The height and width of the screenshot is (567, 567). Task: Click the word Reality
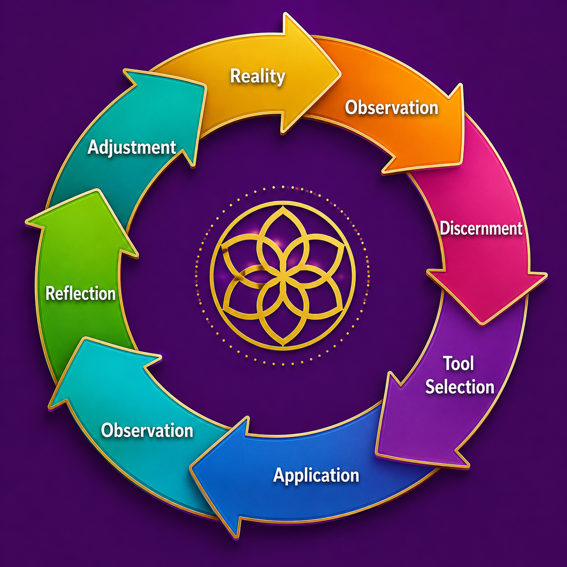(x=257, y=76)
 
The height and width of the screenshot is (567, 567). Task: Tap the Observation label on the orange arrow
(x=392, y=108)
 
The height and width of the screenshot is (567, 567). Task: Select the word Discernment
(x=481, y=228)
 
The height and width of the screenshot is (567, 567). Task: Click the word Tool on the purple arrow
(x=458, y=364)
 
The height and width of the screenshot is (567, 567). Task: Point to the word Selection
(x=459, y=387)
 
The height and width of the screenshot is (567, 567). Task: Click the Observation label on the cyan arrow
(x=147, y=430)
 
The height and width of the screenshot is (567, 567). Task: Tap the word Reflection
(x=80, y=293)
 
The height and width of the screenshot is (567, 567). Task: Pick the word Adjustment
(x=132, y=147)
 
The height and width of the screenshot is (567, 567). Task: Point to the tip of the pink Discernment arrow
(x=482, y=324)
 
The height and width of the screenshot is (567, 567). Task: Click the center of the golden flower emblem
(x=283, y=276)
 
